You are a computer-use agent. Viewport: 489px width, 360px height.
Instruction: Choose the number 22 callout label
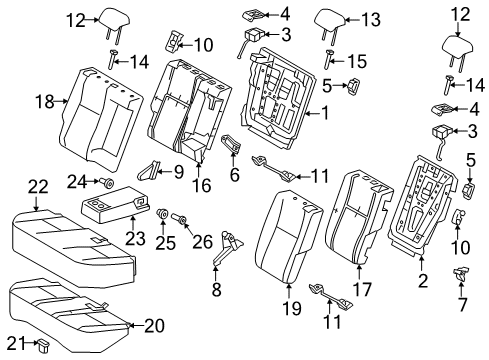37,187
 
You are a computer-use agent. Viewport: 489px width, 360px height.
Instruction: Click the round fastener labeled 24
103,181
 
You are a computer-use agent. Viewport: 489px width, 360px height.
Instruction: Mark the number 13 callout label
343,16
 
